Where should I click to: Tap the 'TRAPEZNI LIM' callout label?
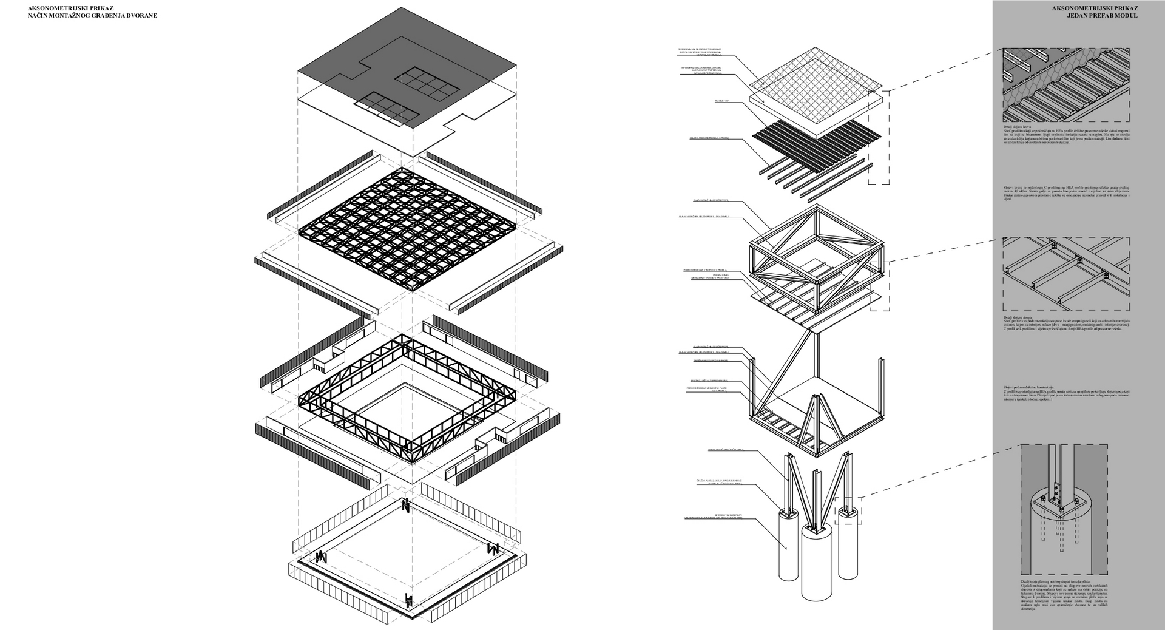pos(721,101)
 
